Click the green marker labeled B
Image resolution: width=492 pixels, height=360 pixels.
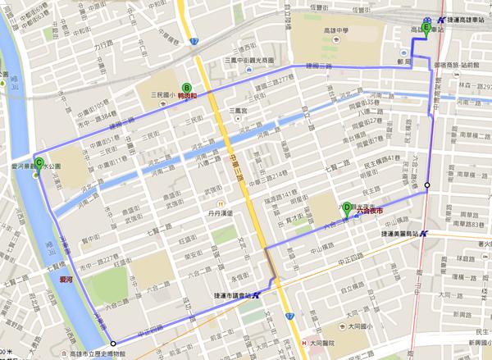[186, 87]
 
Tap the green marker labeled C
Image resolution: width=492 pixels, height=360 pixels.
[39, 161]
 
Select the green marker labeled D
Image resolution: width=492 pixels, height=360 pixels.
[347, 207]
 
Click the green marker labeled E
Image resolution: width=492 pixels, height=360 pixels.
[426, 27]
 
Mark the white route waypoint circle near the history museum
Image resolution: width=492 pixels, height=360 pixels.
[112, 343]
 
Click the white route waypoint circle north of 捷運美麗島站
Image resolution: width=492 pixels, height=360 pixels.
[426, 185]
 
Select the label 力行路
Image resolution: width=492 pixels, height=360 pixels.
[104, 45]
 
